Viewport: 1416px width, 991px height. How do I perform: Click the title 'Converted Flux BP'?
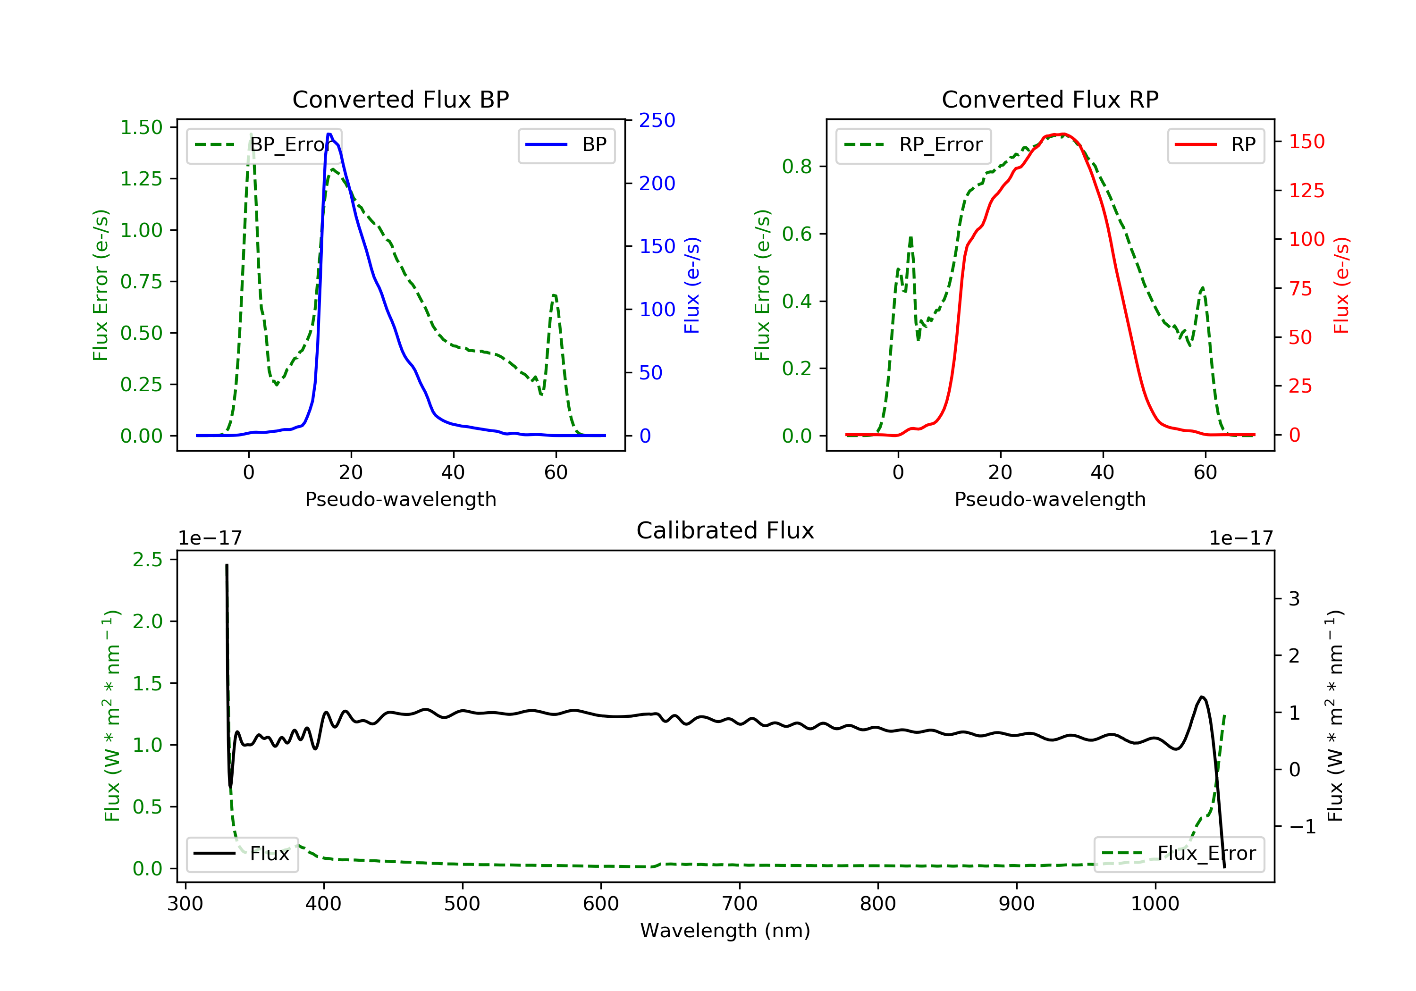tap(400, 99)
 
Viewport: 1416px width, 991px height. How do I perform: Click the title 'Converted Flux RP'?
tap(1050, 99)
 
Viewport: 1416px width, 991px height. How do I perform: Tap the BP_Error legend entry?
tap(264, 145)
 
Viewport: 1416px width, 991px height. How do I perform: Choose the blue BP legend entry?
tap(566, 145)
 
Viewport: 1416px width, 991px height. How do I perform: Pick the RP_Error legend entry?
tap(913, 145)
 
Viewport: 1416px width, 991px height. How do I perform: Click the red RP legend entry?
tap(1215, 145)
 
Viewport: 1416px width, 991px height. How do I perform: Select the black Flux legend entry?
tap(243, 854)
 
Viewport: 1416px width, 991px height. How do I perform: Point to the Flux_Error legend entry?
tap(1179, 854)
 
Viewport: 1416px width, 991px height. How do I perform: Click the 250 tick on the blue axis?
tap(657, 120)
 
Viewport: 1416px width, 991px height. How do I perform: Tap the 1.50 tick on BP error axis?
tap(141, 128)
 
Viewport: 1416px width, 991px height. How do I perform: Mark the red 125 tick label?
tap(1306, 191)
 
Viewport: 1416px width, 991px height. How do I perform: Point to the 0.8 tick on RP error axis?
tap(796, 167)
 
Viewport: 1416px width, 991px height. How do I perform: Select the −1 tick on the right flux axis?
tap(1302, 827)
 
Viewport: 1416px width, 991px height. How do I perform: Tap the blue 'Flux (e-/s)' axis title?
tap(692, 285)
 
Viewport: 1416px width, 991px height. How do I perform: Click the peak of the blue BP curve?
tap(329, 134)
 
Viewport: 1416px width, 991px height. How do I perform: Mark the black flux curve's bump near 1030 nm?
tap(1201, 697)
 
